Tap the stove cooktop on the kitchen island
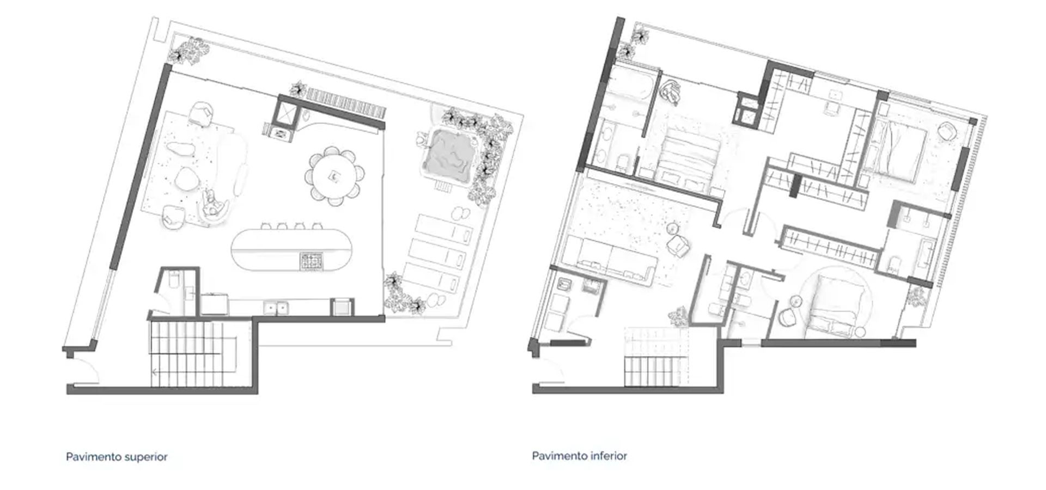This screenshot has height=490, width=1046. click(312, 261)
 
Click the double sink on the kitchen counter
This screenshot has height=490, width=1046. click(276, 308)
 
